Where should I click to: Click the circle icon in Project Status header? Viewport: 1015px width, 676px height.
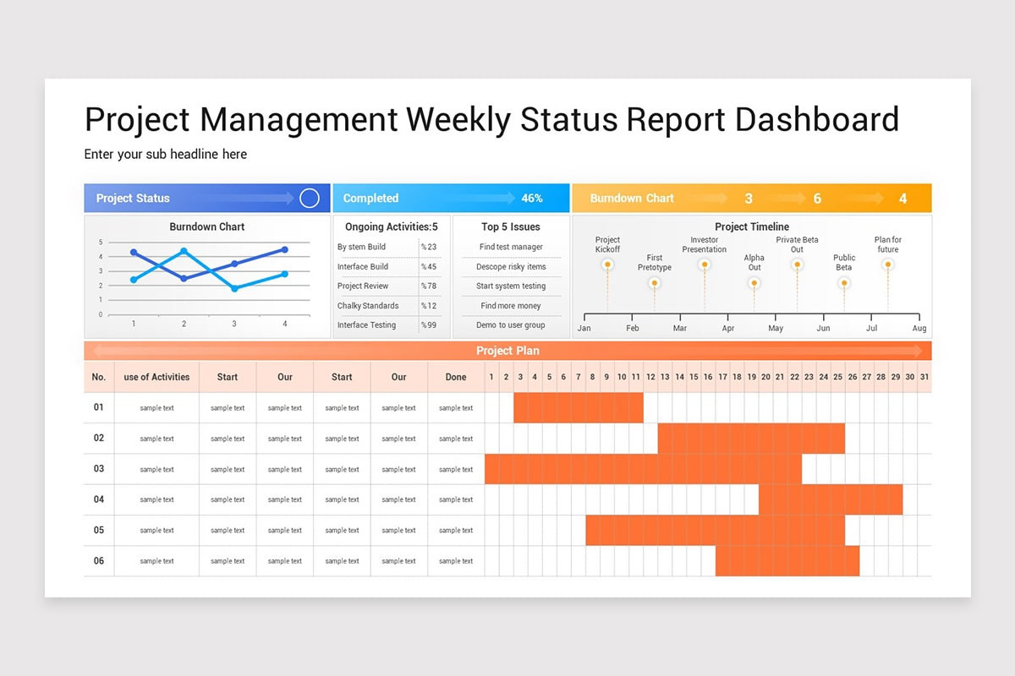tap(310, 199)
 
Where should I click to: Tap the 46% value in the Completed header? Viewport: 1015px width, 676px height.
tap(532, 199)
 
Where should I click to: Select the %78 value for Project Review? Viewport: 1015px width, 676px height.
tap(429, 286)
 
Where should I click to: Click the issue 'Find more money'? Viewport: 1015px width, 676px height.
tap(511, 306)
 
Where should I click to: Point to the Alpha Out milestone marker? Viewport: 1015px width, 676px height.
tap(754, 283)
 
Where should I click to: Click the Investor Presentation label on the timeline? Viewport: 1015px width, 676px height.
tap(705, 245)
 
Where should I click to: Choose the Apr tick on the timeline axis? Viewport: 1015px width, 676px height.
tap(728, 328)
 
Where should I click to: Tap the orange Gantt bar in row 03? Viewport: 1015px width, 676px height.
tap(643, 469)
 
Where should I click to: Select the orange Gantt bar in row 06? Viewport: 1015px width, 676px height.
tap(787, 561)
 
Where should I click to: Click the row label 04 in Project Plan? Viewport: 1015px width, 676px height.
tap(99, 499)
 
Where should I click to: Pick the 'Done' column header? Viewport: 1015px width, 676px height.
tap(456, 377)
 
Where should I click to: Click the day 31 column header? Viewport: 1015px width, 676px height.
tap(924, 377)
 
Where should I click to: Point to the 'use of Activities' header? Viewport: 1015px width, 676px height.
tap(156, 377)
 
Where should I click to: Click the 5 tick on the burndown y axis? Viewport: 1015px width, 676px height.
tap(101, 243)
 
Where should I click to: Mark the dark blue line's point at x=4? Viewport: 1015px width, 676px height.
tap(285, 250)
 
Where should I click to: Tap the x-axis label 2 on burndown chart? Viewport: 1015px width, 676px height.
tap(184, 324)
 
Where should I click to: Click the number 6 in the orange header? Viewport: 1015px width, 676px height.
tap(817, 199)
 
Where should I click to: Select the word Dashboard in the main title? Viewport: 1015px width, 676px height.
tap(817, 120)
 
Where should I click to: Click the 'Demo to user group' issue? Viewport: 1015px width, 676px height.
tap(511, 325)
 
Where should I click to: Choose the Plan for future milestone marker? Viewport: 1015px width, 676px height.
tap(887, 264)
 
